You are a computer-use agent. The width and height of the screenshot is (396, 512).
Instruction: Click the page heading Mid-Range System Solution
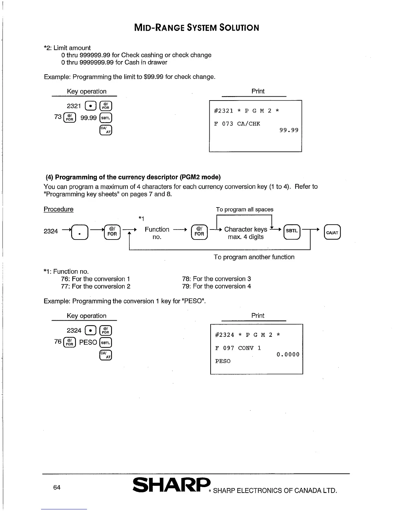196,27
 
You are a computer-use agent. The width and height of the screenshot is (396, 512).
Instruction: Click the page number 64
57,487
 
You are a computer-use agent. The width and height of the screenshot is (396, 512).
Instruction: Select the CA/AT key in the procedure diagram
332,232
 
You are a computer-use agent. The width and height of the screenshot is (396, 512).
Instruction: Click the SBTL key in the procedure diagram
292,231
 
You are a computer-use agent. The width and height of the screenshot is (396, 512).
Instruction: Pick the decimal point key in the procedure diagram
79,232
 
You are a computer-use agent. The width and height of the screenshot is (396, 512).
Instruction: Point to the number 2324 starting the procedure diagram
51,231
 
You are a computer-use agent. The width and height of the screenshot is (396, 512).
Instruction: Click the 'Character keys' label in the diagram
246,229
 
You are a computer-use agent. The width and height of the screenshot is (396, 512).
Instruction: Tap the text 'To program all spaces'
245,209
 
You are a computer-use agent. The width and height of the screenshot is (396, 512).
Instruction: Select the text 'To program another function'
254,257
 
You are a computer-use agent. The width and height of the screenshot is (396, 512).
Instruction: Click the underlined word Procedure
59,209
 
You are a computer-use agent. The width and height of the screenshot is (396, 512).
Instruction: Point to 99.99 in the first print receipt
289,131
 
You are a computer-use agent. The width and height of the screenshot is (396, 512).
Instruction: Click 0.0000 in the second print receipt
288,355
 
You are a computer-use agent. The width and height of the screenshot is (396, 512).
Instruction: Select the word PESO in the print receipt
223,361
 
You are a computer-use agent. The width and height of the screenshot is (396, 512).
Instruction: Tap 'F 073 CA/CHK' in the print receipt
237,124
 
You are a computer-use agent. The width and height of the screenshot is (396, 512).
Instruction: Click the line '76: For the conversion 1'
95,279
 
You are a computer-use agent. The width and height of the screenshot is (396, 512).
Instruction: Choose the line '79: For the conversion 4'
216,286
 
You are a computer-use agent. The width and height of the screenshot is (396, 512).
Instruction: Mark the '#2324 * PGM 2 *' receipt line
247,335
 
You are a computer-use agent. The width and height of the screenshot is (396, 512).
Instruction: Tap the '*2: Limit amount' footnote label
67,48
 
